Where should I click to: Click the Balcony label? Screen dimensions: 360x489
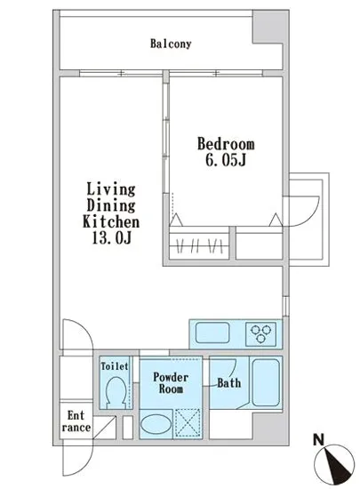coord(171,44)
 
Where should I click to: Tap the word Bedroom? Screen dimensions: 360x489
coord(226,144)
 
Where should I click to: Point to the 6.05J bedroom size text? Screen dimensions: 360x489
coord(226,160)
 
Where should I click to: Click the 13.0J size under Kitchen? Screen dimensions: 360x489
coord(112,238)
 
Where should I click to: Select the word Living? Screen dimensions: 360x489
coord(110,189)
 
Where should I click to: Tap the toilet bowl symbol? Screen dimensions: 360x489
coord(116,391)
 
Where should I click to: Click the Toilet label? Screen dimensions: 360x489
coord(115,366)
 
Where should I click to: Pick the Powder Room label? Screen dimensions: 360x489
coord(171,383)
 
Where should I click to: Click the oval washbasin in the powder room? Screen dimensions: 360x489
coord(156,424)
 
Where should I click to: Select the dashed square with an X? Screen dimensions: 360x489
coord(188,423)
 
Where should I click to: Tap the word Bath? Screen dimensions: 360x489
coord(229,383)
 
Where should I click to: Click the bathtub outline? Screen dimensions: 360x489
coord(266,382)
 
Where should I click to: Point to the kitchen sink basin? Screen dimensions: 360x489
coord(212,333)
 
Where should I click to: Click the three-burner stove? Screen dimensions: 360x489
coord(260,334)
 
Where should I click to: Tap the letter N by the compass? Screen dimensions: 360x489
coord(318,440)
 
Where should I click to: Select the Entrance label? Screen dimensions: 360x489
coord(76,421)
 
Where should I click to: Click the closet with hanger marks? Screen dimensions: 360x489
coord(199,244)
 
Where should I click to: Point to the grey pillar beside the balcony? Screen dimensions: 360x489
coord(270,28)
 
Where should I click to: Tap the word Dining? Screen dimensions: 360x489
coord(110,205)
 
